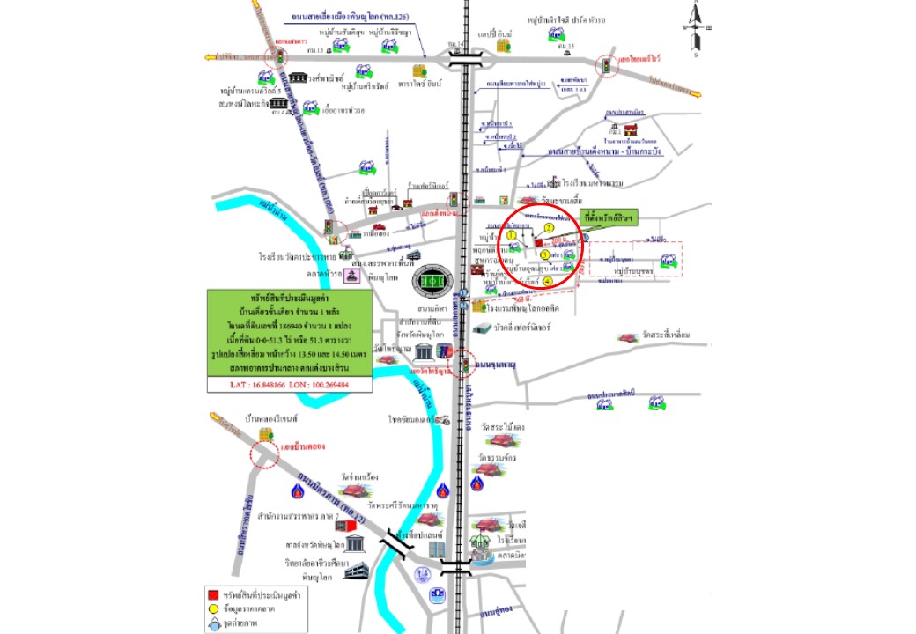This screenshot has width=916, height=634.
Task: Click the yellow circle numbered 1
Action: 511,235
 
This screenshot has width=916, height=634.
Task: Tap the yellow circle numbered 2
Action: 548,227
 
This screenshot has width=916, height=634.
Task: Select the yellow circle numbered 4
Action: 547,281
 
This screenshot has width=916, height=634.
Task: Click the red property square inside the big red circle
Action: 538,242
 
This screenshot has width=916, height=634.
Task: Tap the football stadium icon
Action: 432,280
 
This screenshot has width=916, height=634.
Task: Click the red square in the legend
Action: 211,591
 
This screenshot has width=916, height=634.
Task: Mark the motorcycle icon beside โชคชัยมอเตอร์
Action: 445,420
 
